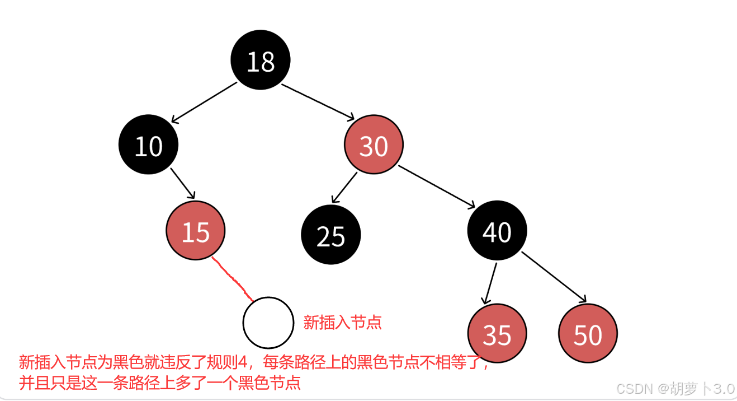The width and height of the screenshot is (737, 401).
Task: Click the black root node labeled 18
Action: coord(261,60)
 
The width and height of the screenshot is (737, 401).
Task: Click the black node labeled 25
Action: coord(330,235)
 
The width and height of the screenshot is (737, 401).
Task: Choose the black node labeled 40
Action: coord(497,231)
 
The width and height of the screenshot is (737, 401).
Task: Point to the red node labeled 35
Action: coord(497,334)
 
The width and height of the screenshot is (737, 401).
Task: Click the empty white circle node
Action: coord(268,323)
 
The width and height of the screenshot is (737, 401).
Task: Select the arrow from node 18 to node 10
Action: coord(205,102)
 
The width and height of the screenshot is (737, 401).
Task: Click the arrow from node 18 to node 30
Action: coord(318,102)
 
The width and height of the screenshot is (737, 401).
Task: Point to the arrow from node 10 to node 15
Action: coord(182,183)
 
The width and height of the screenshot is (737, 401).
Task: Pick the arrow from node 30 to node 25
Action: coord(344,187)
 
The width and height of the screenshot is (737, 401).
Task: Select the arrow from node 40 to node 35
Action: coord(490,283)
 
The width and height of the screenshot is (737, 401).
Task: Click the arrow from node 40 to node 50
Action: coord(554,277)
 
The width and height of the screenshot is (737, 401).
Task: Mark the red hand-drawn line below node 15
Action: coord(233,278)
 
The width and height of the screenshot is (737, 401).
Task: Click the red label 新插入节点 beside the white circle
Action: coord(342,322)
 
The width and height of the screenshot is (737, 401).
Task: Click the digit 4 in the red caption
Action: coord(242,362)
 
